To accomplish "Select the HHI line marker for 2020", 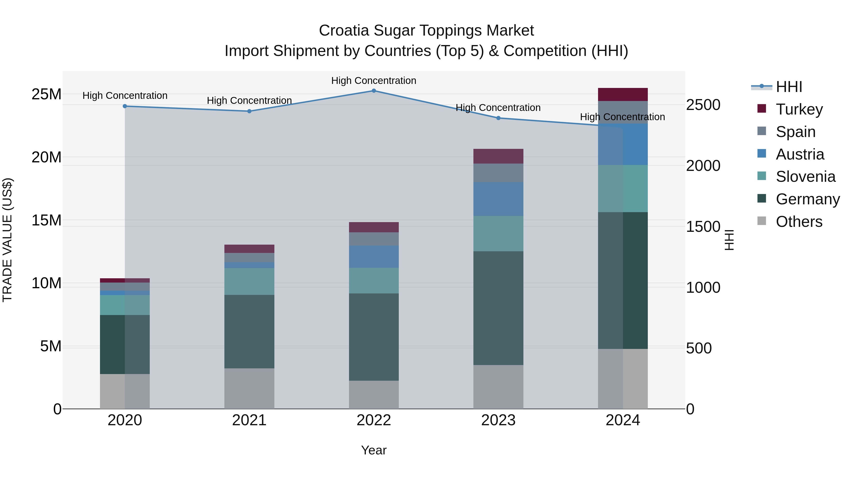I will (x=125, y=106).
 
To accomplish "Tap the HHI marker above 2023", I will (x=498, y=118).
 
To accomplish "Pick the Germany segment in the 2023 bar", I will (x=498, y=308).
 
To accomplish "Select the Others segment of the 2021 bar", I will (x=249, y=388).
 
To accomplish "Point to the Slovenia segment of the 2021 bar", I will (x=249, y=282).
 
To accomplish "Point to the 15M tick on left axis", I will (x=46, y=220).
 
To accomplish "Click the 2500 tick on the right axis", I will (x=703, y=105).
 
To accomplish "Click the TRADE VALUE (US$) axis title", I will (x=7, y=240).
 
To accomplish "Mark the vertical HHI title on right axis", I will (x=729, y=240).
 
